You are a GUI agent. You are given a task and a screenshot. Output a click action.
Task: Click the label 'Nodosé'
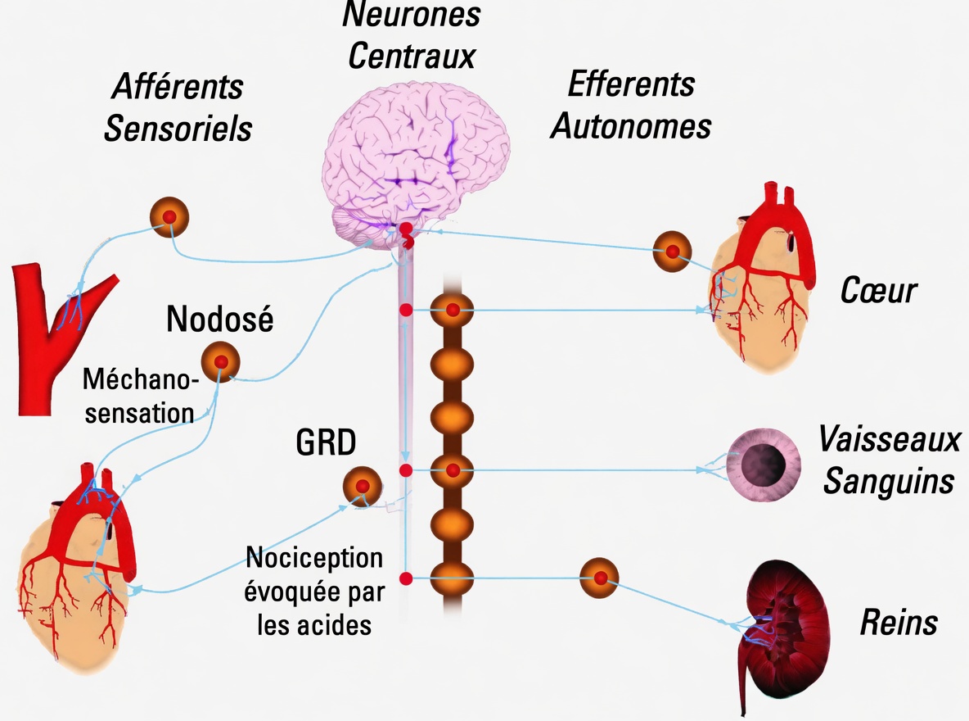point(219,319)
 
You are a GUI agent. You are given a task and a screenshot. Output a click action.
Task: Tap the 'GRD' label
point(326,443)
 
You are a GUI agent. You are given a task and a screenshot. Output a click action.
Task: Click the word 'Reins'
point(898,623)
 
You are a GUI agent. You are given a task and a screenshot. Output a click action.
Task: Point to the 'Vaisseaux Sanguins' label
point(888,460)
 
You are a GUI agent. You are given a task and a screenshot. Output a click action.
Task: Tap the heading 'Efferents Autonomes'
point(630,105)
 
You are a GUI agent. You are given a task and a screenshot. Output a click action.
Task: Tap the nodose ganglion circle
point(220,360)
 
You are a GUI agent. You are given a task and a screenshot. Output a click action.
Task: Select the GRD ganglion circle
point(362,486)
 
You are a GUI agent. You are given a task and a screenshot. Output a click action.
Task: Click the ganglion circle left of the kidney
point(600,578)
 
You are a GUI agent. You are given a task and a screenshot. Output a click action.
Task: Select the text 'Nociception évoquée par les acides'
point(313,592)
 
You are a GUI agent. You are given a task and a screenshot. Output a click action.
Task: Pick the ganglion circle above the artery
point(169,217)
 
